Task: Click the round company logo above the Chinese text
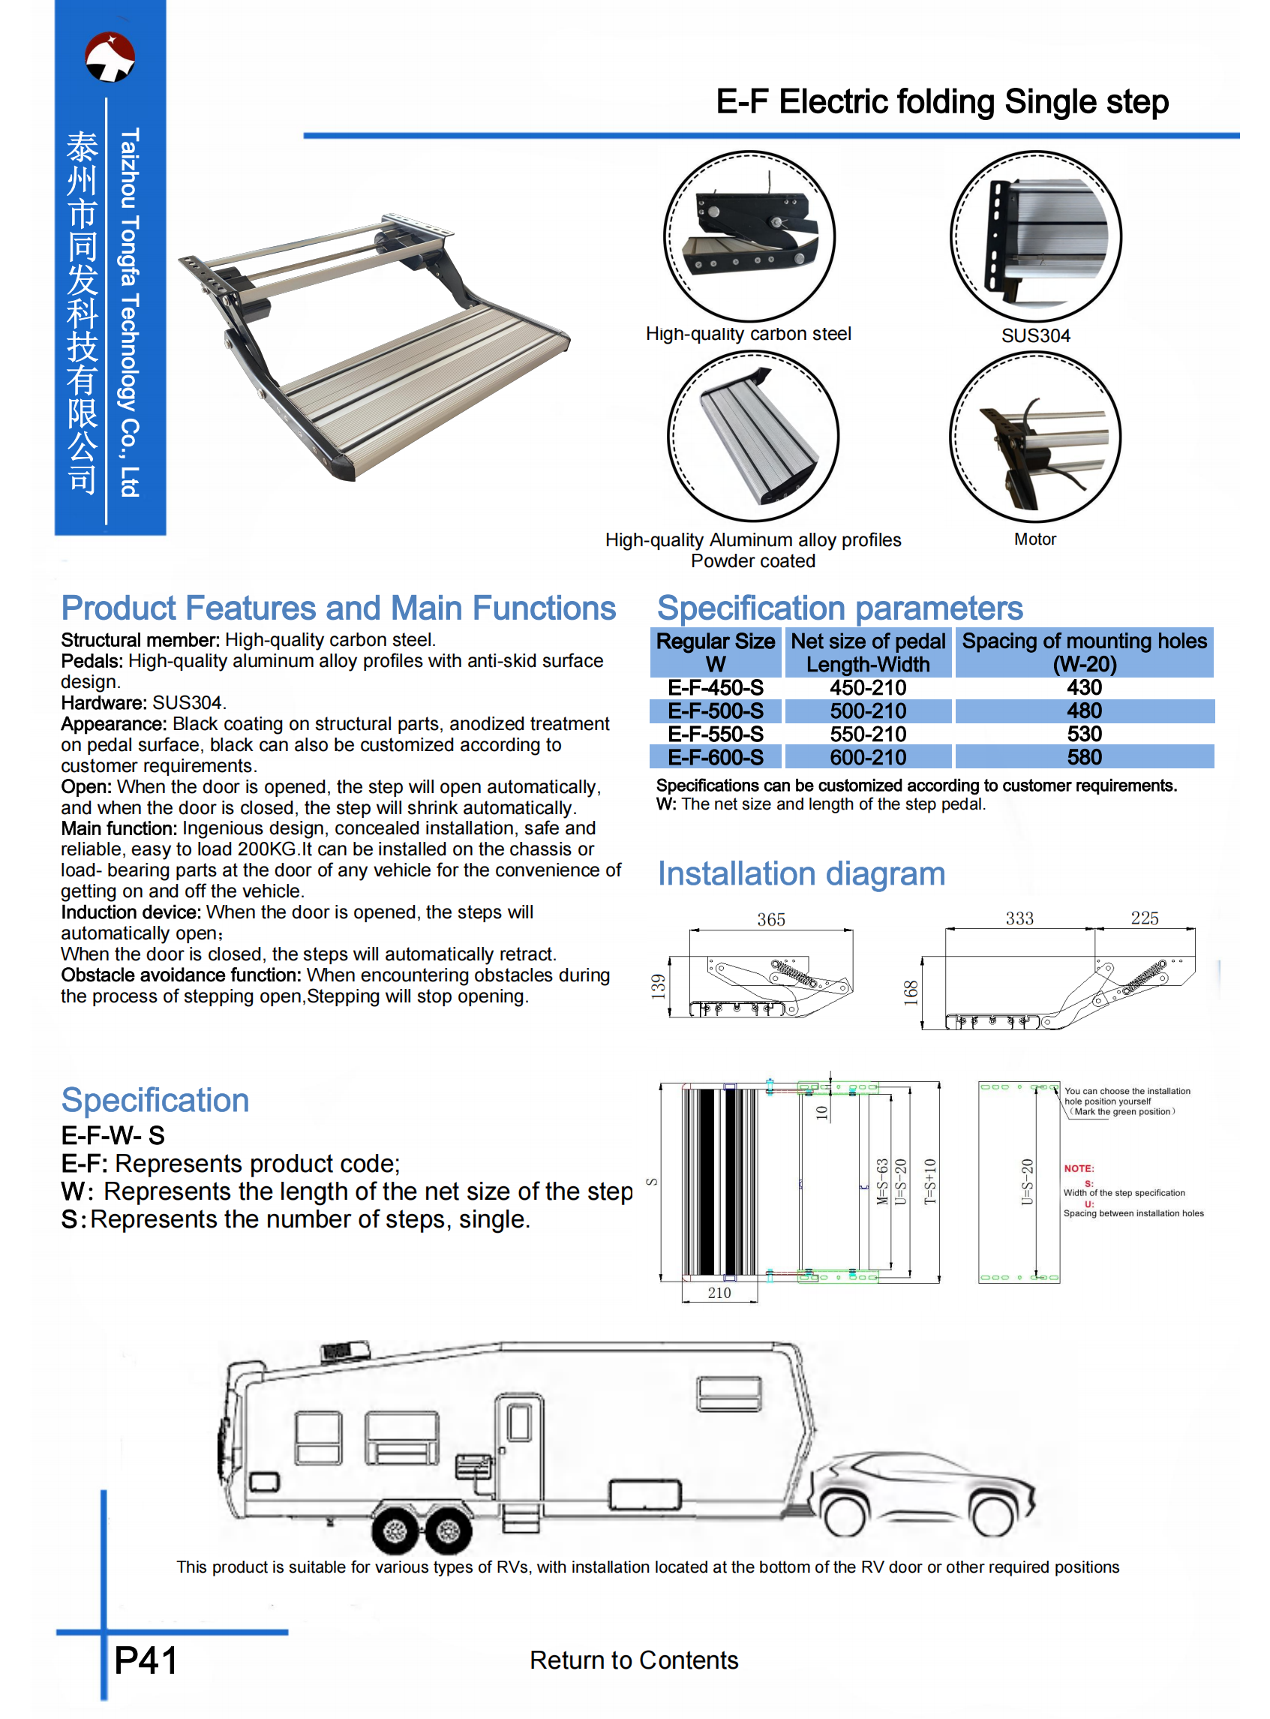click(x=110, y=56)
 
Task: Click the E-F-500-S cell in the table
click(x=715, y=711)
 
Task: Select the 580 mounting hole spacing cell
click(x=1084, y=757)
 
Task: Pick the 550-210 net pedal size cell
click(x=868, y=734)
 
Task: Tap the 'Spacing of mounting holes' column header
click(x=1084, y=652)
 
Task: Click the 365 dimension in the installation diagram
click(x=771, y=919)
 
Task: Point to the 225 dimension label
click(x=1145, y=918)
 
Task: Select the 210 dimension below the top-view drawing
click(x=719, y=1293)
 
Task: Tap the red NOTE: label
click(x=1079, y=1168)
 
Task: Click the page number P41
click(x=146, y=1660)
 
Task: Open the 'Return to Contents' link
click(x=633, y=1660)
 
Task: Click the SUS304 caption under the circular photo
click(x=1035, y=336)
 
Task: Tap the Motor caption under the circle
click(x=1034, y=539)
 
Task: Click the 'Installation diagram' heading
click(x=801, y=874)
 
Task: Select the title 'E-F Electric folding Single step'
click(x=941, y=101)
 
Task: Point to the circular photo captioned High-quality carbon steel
click(x=749, y=236)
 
